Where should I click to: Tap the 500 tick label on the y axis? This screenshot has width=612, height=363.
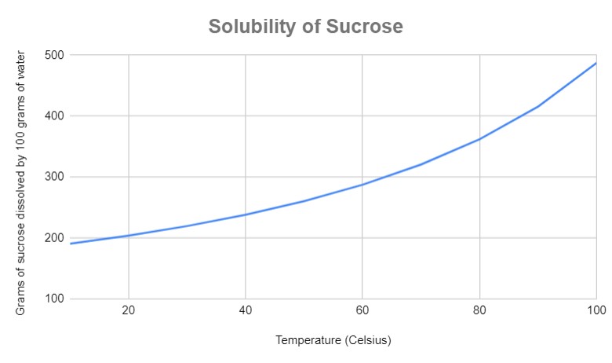pyautogui.click(x=55, y=55)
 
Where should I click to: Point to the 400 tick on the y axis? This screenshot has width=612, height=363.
pyautogui.click(x=55, y=116)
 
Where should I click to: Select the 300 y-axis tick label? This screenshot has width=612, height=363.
pyautogui.click(x=55, y=177)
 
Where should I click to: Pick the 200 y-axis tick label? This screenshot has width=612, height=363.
pyautogui.click(x=55, y=238)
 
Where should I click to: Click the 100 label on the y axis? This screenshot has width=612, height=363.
pyautogui.click(x=55, y=299)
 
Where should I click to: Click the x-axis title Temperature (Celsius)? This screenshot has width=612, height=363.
pyautogui.click(x=333, y=341)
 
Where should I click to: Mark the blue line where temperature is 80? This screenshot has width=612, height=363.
pyautogui.click(x=479, y=139)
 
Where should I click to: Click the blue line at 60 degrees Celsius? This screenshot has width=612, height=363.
pyautogui.click(x=362, y=185)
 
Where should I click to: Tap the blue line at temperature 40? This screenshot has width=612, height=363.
pyautogui.click(x=246, y=214)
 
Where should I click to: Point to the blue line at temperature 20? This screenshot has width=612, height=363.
pyautogui.click(x=129, y=236)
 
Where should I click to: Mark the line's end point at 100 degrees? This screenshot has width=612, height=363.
pyautogui.click(x=596, y=63)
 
